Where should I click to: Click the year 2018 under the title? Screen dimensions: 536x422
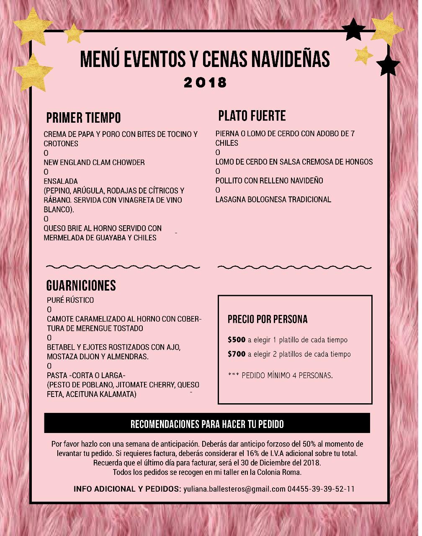pos(205,82)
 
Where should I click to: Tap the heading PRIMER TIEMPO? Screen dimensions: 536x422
pos(83,118)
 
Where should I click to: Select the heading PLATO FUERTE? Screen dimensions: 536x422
pos(252,116)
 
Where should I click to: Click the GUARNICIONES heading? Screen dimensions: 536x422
pos(81,286)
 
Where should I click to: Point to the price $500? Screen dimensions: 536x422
pos(237,340)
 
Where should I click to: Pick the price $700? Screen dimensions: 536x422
pos(237,354)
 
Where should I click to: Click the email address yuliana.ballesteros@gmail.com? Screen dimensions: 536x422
pos(234,489)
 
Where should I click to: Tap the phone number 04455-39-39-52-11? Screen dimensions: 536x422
pos(321,489)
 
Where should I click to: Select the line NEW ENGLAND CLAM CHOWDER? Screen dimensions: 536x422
pos(94,162)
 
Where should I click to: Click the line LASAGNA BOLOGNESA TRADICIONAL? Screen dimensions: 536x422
pos(273,200)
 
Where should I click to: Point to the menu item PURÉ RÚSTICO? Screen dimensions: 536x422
pos(70,300)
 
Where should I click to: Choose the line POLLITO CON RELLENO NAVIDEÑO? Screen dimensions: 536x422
pos(269,181)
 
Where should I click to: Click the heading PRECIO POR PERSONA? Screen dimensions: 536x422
pos(268,320)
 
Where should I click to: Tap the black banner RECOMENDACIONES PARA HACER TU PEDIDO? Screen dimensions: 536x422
pos(207,424)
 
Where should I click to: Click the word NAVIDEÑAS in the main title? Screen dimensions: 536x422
pos(291,59)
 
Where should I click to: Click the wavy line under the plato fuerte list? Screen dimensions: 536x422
pos(295,267)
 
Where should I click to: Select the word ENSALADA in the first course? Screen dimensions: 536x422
pos(61,181)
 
